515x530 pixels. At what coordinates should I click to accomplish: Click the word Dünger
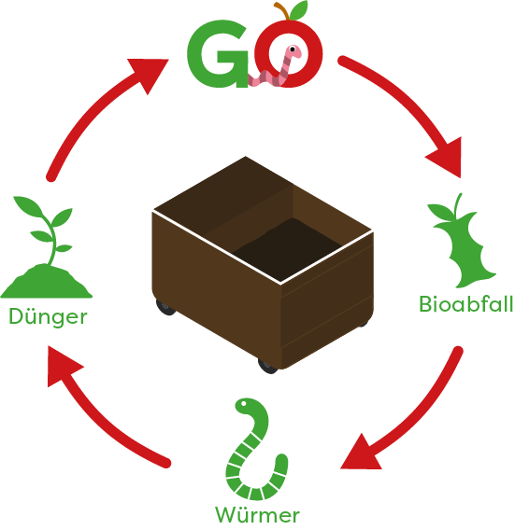pyautogui.click(x=48, y=316)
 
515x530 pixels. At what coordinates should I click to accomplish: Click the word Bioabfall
pyautogui.click(x=466, y=303)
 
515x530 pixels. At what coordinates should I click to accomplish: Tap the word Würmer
pyautogui.click(x=257, y=515)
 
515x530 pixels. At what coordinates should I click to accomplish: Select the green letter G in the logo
pyautogui.click(x=219, y=54)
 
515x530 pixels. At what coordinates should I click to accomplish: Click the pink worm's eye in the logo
pyautogui.click(x=293, y=49)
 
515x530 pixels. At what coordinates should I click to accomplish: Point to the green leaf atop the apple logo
pyautogui.click(x=299, y=10)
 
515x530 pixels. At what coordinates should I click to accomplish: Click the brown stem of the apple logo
pyautogui.click(x=282, y=10)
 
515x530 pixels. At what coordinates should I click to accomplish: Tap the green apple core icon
pyautogui.click(x=462, y=241)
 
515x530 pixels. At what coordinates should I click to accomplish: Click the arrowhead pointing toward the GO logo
pyautogui.click(x=150, y=75)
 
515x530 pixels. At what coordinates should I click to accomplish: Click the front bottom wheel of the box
pyautogui.click(x=268, y=367)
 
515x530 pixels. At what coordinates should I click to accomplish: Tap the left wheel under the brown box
pyautogui.click(x=165, y=307)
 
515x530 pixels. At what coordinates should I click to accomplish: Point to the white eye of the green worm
pyautogui.click(x=243, y=403)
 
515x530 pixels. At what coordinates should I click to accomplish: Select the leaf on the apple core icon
pyautogui.click(x=440, y=212)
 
